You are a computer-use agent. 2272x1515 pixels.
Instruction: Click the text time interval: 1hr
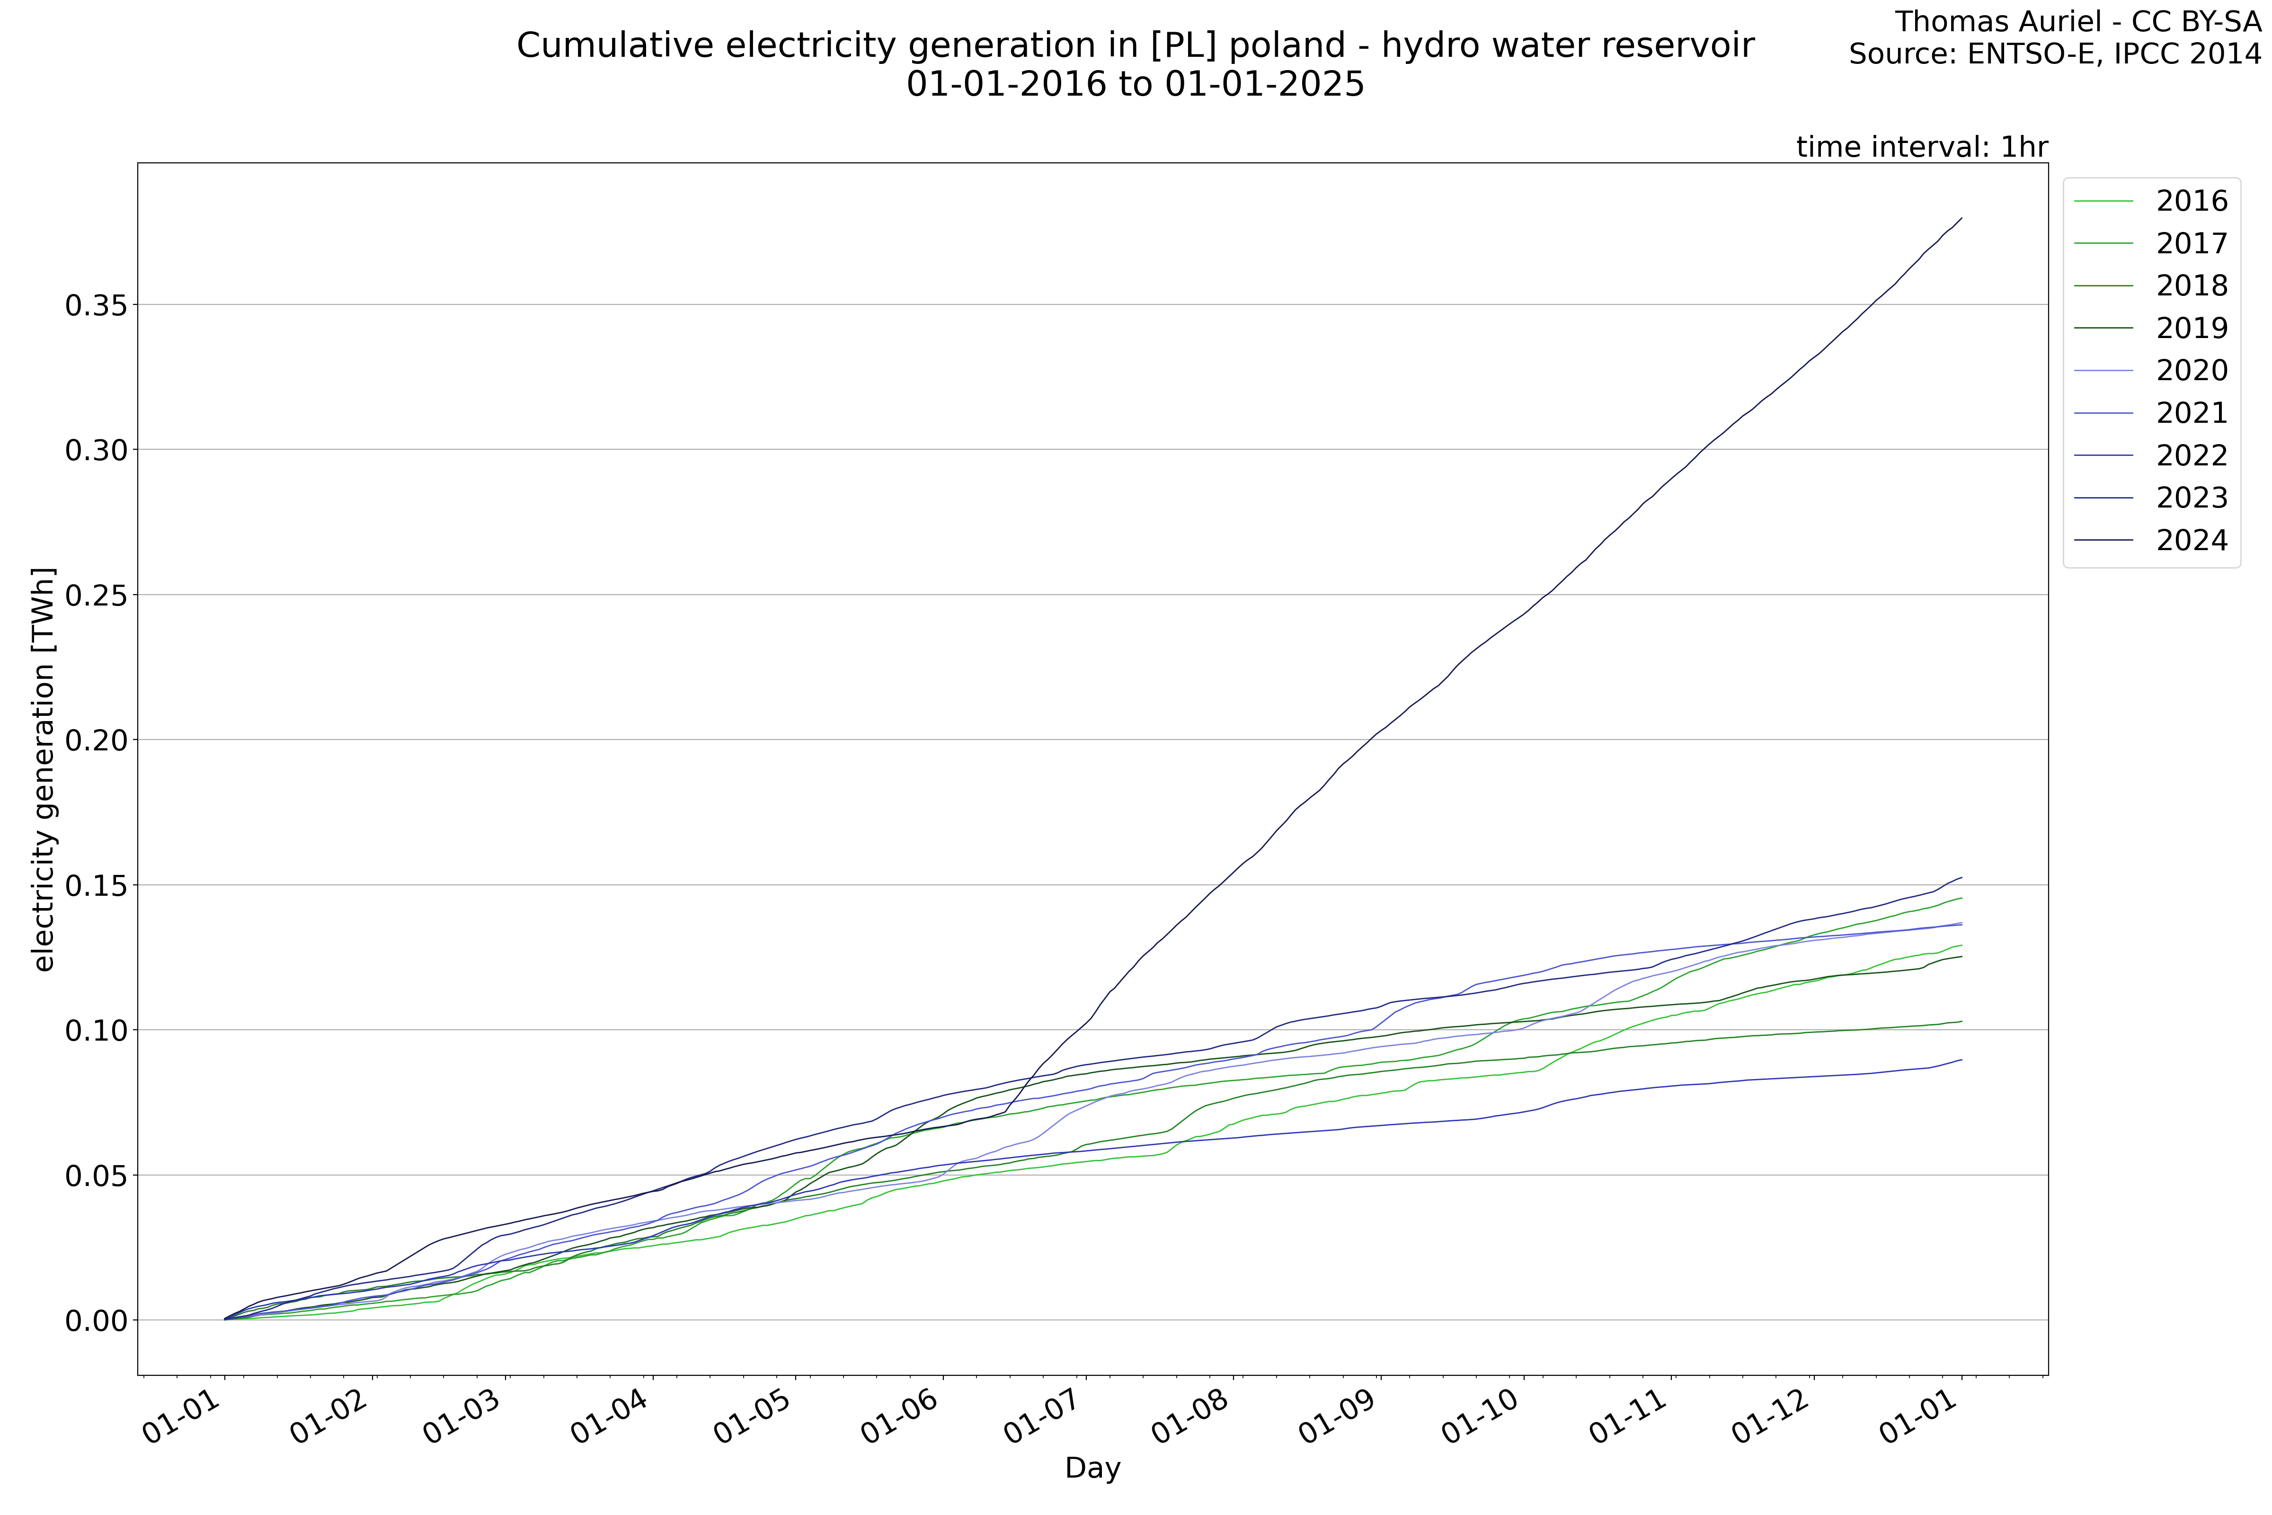[1921, 147]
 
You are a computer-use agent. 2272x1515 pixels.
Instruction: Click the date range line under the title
[1135, 84]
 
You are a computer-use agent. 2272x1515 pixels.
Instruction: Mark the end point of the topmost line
[1961, 218]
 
